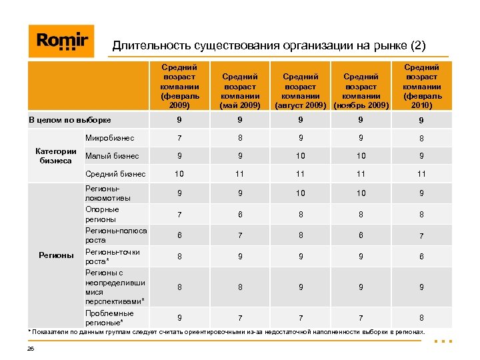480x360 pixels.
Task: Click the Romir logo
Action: tap(61, 41)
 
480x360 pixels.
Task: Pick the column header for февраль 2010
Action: tap(421, 86)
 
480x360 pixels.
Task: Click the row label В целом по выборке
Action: tap(69, 121)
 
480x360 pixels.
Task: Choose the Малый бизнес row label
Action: tap(112, 156)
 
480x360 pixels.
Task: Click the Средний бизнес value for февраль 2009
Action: tap(179, 174)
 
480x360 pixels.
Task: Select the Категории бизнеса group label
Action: tap(56, 156)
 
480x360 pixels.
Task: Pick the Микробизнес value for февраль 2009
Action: tap(179, 139)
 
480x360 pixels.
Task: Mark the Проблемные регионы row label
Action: tap(109, 318)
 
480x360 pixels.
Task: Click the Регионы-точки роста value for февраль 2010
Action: tap(421, 257)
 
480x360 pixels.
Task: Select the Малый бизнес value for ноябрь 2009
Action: tap(361, 156)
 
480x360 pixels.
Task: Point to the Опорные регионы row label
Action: tap(102, 214)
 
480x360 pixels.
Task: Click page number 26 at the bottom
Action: tap(31, 348)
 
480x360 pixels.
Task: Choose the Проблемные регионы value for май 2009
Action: tap(238, 318)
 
